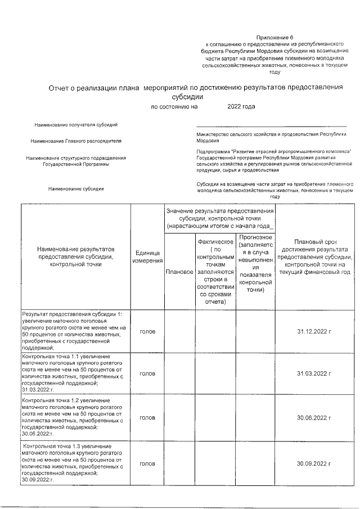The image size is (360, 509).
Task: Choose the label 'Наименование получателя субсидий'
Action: click(x=76, y=124)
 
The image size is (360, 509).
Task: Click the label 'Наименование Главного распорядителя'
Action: click(x=76, y=140)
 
